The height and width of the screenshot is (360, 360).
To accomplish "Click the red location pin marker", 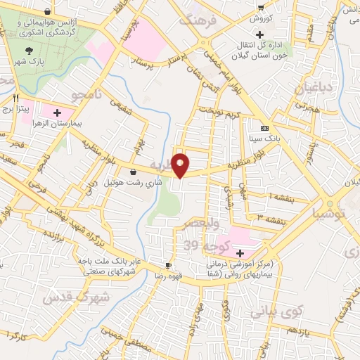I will click(x=181, y=165).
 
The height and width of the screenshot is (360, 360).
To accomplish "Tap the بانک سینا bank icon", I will click(x=264, y=128).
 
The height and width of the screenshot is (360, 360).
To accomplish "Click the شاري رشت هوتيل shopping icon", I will click(x=133, y=172).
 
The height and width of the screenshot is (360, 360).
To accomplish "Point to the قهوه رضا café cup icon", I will click(x=168, y=265).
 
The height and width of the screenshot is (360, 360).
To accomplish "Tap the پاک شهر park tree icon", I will click(x=29, y=50).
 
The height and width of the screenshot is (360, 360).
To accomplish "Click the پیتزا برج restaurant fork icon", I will click(x=15, y=98).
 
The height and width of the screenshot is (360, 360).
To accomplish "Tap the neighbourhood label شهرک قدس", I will click(x=75, y=297).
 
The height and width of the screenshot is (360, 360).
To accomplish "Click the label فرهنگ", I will click(x=201, y=22).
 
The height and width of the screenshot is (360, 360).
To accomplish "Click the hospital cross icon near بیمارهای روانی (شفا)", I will click(x=240, y=253).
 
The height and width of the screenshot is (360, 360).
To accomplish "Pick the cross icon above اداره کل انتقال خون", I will click(x=260, y=34).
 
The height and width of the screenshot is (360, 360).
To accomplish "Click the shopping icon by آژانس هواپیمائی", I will click(x=47, y=12).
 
